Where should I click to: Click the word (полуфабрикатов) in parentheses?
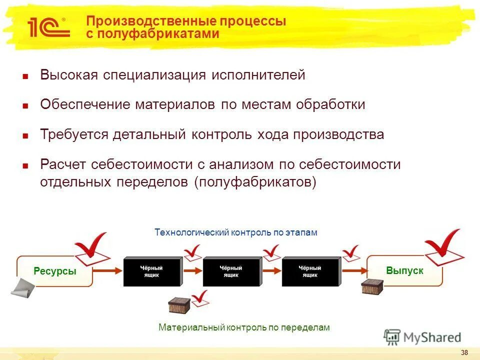tap(255, 182)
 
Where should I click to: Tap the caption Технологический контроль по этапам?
tap(236, 232)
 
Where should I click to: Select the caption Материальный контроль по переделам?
tap(244, 327)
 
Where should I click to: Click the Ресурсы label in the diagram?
tap(55, 271)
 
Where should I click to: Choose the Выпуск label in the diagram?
tap(404, 270)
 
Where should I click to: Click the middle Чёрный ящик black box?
tap(231, 271)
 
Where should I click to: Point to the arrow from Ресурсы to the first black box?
tap(108, 271)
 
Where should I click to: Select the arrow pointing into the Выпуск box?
tap(353, 271)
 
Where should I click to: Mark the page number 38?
tap(464, 352)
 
